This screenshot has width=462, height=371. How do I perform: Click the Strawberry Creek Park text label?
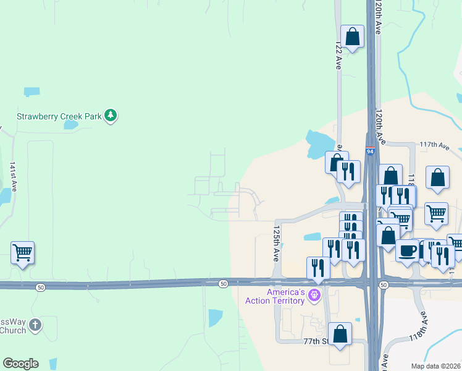(x=59, y=116)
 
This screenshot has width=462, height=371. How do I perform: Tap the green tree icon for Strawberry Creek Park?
(x=111, y=115)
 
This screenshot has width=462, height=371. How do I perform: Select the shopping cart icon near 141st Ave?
(x=22, y=252)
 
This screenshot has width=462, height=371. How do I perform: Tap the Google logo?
(x=20, y=364)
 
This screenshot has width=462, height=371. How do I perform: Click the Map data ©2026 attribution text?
(x=435, y=366)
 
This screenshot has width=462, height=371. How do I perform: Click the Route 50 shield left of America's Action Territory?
(x=223, y=284)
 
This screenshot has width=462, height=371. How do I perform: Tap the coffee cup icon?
(x=407, y=250)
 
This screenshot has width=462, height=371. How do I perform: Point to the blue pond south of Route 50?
(x=216, y=318)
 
